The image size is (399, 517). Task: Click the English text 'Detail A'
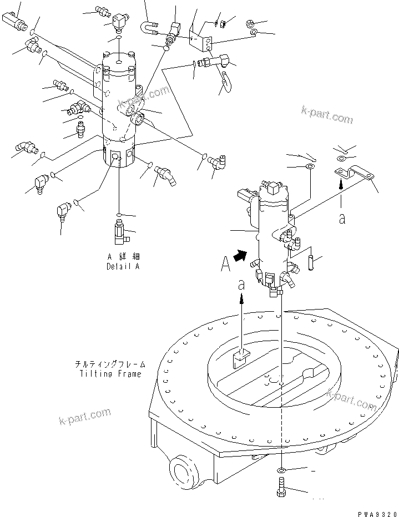pos(123,266)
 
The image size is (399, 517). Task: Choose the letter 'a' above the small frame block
pos(241,285)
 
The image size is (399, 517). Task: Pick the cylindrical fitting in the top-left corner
pos(16,22)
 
